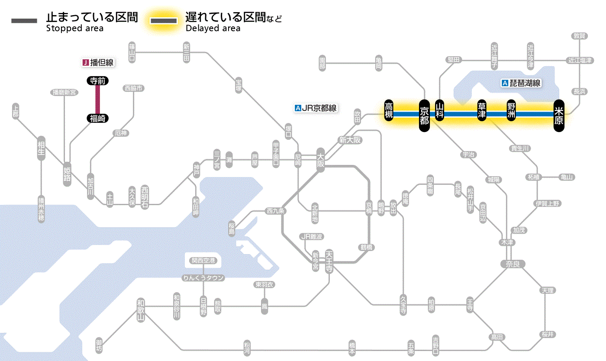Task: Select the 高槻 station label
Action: (x=389, y=111)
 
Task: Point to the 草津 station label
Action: (x=481, y=111)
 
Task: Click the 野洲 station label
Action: (x=512, y=111)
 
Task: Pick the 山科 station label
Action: (x=440, y=111)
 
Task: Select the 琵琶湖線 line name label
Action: (x=522, y=83)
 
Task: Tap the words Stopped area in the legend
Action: (x=74, y=29)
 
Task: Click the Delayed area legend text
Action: (x=213, y=29)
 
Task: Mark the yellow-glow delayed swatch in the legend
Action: (x=163, y=21)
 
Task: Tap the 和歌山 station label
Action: (x=141, y=310)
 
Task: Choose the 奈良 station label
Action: (x=513, y=264)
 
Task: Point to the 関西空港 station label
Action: (x=203, y=260)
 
